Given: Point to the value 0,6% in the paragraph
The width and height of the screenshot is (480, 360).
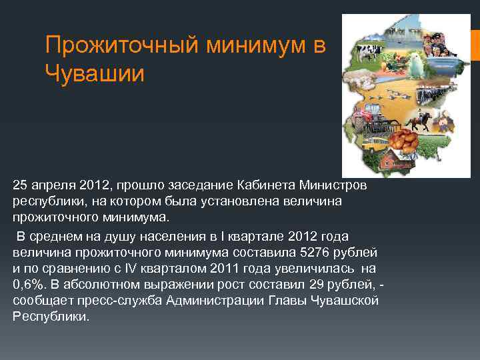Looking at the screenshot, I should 29,284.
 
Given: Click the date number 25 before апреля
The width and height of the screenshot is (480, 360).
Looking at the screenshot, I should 20,183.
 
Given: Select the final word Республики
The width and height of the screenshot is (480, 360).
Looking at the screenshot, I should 49,316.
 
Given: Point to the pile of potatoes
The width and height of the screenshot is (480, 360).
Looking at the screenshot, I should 403,139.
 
